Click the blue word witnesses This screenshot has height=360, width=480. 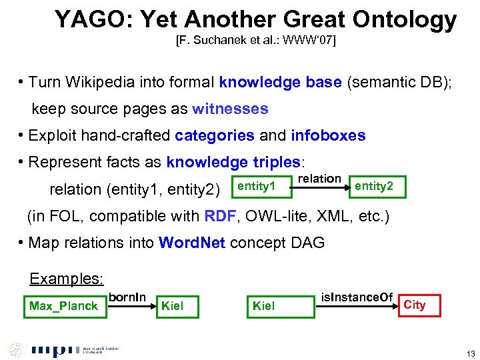pos(230,109)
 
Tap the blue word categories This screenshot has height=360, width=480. pos(214,135)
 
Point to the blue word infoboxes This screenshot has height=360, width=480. pos(328,135)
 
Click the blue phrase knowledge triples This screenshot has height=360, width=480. pos(233,162)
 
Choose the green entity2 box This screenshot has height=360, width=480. pos(376,186)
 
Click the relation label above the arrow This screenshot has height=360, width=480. pos(319,179)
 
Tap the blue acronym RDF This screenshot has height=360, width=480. pos(220,215)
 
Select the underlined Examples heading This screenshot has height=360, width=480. pos(67,279)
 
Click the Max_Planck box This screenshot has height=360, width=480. pos(65,306)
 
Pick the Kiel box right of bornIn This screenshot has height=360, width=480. pos(181,306)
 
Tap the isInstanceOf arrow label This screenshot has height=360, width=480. pos(357,297)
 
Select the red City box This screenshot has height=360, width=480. pos(419,305)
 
